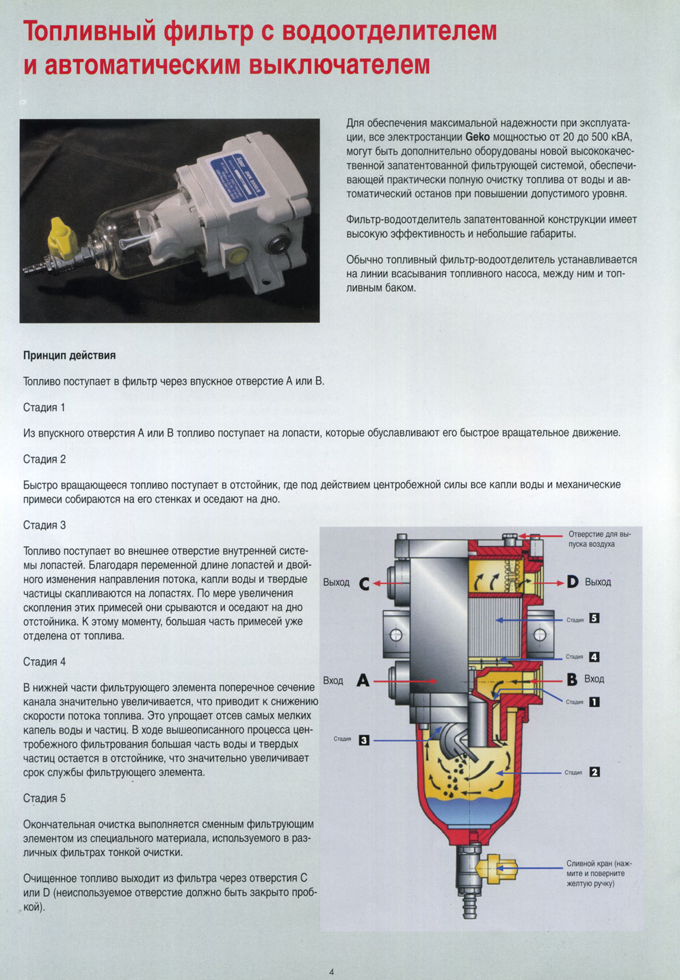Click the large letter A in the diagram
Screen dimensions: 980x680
pyautogui.click(x=363, y=681)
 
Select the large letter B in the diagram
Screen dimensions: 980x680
pyautogui.click(x=572, y=680)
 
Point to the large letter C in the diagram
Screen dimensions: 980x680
pyautogui.click(x=363, y=583)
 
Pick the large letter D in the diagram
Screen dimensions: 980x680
pyautogui.click(x=573, y=582)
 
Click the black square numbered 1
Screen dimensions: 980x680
pyautogui.click(x=594, y=701)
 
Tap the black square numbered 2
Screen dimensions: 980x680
pyautogui.click(x=594, y=772)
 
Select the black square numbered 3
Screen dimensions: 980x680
pyautogui.click(x=364, y=740)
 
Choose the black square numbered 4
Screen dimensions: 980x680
pyautogui.click(x=594, y=657)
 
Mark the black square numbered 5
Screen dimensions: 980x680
pyautogui.click(x=594, y=619)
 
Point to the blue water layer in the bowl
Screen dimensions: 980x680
pyautogui.click(x=465, y=811)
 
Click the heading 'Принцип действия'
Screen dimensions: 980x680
pyautogui.click(x=69, y=355)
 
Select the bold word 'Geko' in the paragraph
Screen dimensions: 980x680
pyautogui.click(x=477, y=137)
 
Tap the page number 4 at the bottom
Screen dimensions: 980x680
pyautogui.click(x=332, y=972)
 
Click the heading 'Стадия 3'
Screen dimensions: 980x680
pyautogui.click(x=44, y=525)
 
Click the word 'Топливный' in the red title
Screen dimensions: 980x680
pyautogui.click(x=92, y=31)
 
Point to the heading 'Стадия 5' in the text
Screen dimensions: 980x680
pyautogui.click(x=44, y=798)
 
